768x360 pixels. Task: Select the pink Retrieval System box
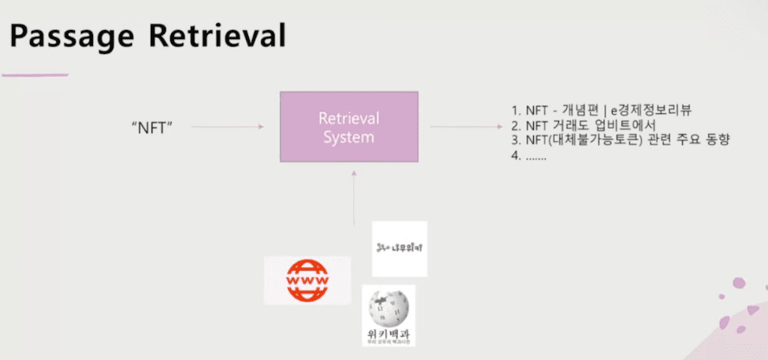[349, 127]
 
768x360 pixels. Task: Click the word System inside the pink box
[349, 137]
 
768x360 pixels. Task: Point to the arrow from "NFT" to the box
[227, 127]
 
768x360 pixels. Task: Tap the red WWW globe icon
[307, 280]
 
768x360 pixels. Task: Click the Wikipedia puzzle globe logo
[388, 307]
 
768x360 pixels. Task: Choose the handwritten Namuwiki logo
[399, 248]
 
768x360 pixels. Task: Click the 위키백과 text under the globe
[388, 332]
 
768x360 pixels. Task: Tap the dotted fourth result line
[528, 157]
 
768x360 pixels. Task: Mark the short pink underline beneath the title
[34, 75]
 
